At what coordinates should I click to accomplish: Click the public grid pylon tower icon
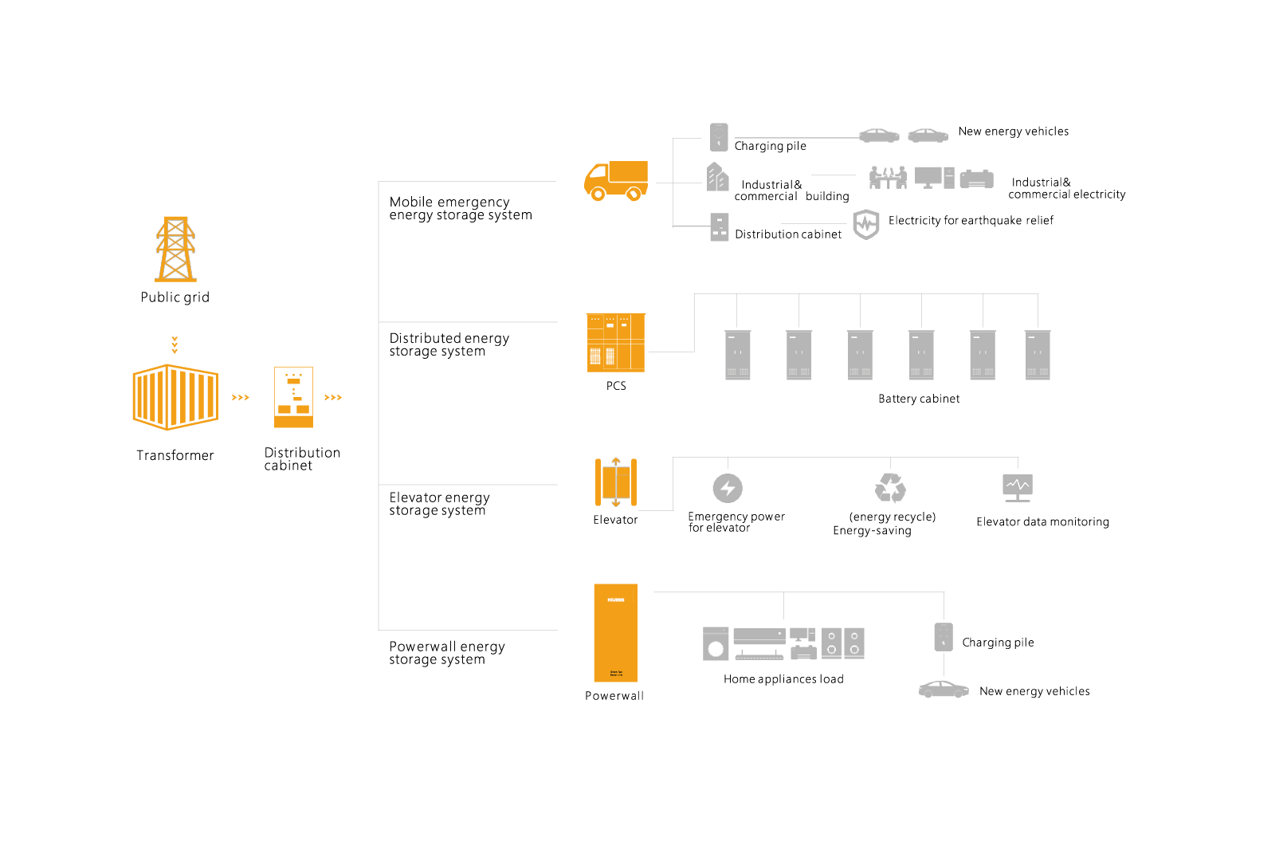point(175,249)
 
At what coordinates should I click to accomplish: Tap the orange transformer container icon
point(175,397)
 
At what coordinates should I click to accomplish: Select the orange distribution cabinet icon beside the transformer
point(293,397)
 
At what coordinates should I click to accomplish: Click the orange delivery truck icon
point(615,181)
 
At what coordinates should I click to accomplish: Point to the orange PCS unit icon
point(615,343)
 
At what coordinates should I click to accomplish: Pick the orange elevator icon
point(615,482)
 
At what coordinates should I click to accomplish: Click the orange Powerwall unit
point(615,633)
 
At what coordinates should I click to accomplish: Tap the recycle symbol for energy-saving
point(890,488)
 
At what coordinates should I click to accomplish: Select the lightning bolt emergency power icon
point(727,488)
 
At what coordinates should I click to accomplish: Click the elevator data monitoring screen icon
point(1017,487)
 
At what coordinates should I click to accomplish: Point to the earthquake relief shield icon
point(865,224)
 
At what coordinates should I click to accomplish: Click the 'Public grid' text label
point(175,297)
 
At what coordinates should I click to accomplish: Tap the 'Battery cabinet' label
point(918,399)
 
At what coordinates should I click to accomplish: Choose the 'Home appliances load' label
point(783,679)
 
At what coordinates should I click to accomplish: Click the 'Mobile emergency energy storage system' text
point(460,209)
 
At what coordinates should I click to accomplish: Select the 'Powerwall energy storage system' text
point(447,653)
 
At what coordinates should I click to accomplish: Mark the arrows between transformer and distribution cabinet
point(241,397)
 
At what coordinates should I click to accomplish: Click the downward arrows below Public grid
point(175,345)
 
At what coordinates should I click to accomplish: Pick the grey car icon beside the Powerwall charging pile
point(944,690)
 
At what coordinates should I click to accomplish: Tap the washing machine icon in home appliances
point(716,644)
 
